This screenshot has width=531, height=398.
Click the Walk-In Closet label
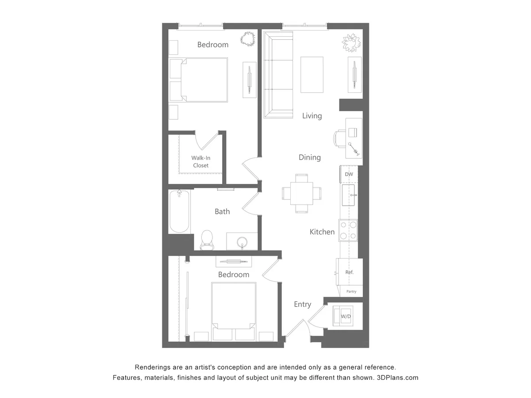click(x=200, y=161)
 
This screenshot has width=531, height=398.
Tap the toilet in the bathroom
click(x=207, y=239)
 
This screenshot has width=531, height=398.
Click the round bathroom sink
click(x=242, y=242)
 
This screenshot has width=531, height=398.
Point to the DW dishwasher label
click(x=349, y=174)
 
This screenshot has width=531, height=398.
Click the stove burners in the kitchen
click(x=348, y=230)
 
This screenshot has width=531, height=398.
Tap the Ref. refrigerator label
click(x=350, y=272)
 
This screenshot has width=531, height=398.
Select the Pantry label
click(x=351, y=291)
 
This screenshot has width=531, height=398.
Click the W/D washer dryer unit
click(x=346, y=316)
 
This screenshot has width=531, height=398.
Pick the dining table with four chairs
click(x=302, y=194)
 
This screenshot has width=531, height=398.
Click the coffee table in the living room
click(x=312, y=74)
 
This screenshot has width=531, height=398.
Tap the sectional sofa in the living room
click(x=278, y=77)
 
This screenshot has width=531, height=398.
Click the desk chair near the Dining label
click(x=340, y=138)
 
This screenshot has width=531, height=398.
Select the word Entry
click(x=303, y=304)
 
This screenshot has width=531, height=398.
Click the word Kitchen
click(x=322, y=232)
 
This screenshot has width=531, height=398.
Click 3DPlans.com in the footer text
click(x=397, y=378)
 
